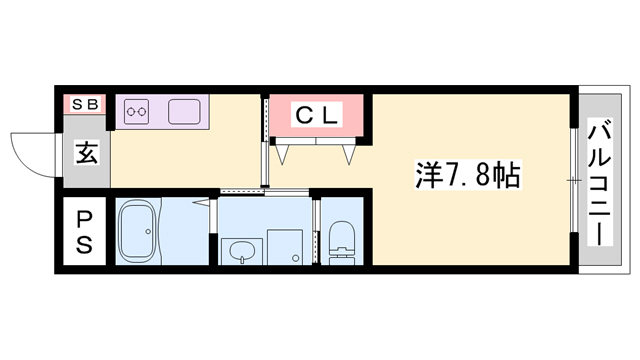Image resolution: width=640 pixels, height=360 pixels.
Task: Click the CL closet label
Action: coord(317,115)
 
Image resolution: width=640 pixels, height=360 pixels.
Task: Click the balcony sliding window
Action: coord(572,180)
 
